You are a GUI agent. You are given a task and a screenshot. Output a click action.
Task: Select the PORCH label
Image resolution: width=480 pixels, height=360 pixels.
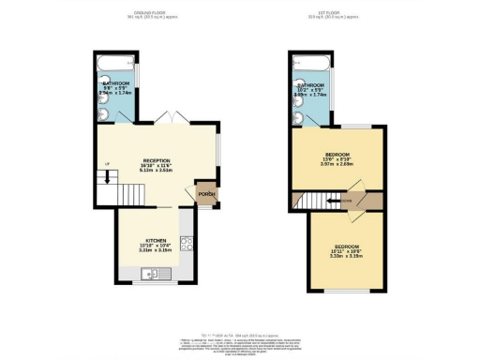pos(207,195)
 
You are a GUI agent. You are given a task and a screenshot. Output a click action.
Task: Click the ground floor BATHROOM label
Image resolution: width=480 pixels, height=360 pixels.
pos(117,83)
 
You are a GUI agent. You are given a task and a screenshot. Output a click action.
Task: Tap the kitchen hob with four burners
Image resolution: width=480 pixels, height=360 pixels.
pos(186,244)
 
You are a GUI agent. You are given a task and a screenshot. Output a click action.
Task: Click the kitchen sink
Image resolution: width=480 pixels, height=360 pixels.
pos(150,275)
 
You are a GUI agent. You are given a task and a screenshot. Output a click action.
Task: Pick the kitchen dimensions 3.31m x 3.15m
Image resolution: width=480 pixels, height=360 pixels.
pos(155,250)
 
